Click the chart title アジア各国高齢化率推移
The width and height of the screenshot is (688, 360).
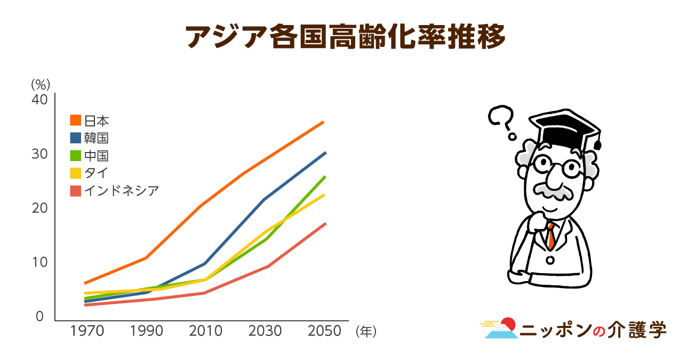pyautogui.click(x=345, y=37)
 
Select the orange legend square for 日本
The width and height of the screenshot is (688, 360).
pyautogui.click(x=76, y=120)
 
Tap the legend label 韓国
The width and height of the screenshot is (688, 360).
pyautogui.click(x=97, y=138)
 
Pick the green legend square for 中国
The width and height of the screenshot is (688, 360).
pyautogui.click(x=76, y=155)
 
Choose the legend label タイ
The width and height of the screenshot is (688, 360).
pyautogui.click(x=97, y=173)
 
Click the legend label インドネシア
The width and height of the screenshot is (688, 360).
pyautogui.click(x=122, y=191)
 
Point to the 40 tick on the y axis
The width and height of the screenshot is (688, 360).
pyautogui.click(x=39, y=100)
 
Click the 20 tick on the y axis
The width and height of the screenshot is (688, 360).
pyautogui.click(x=39, y=208)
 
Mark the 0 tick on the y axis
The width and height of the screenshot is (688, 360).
pyautogui.click(x=39, y=316)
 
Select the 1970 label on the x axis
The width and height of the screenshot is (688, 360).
pyautogui.click(x=87, y=331)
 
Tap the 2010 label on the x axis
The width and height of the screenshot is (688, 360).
pyautogui.click(x=205, y=331)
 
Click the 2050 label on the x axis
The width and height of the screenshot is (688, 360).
pyautogui.click(x=324, y=331)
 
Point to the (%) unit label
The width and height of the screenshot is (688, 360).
pyautogui.click(x=41, y=84)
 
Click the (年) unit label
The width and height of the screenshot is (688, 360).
pyautogui.click(x=366, y=332)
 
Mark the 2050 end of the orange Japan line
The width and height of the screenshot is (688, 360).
pyautogui.click(x=323, y=122)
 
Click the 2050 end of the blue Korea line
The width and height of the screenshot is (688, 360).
pyautogui.click(x=325, y=153)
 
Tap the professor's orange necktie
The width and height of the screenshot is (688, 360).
pyautogui.click(x=551, y=236)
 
